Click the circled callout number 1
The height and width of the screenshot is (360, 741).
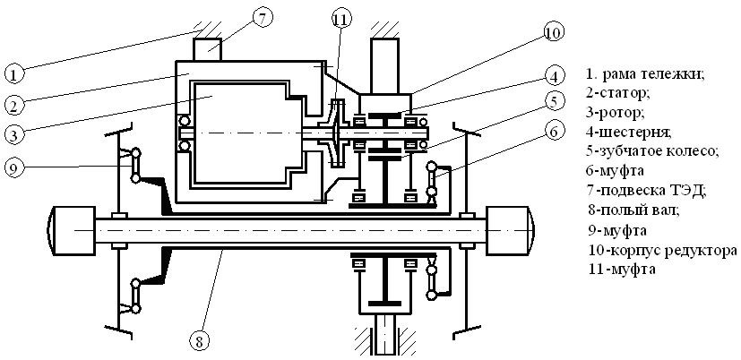tap(13, 74)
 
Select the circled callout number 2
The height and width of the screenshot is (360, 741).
tap(13, 105)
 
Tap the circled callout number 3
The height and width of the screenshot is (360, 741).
tap(13, 134)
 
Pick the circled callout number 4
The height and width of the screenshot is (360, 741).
tap(555, 75)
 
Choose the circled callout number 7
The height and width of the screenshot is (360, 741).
tap(263, 18)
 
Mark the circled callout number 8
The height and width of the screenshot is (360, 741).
tap(199, 339)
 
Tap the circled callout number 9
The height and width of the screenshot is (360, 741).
tap(13, 167)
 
